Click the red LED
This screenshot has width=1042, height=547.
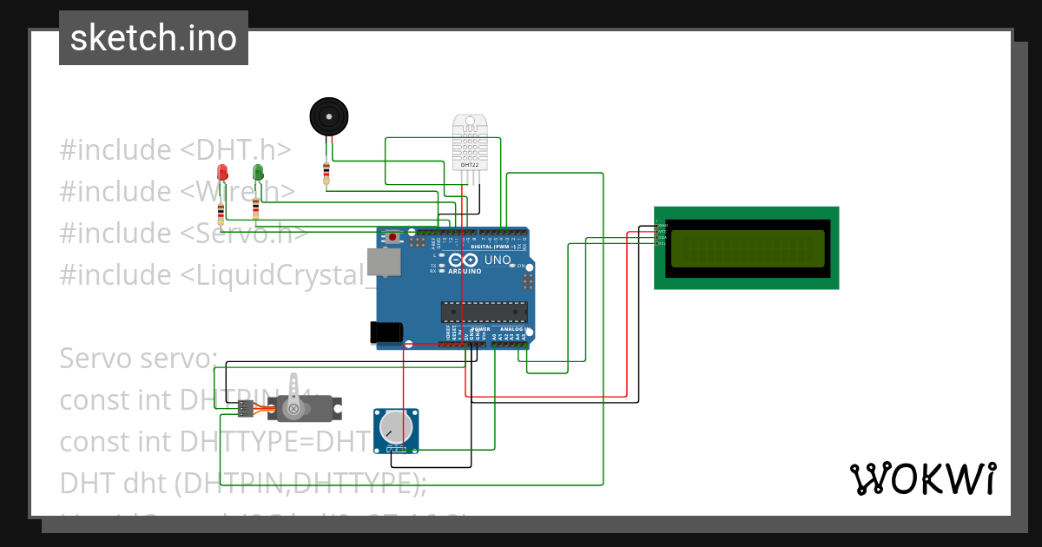pos(222,172)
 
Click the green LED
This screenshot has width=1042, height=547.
pos(257,172)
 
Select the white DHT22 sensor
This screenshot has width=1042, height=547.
pos(470,143)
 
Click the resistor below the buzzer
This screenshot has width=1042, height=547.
pos(326,173)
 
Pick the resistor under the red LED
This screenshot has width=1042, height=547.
pos(221,212)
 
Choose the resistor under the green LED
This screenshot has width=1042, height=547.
pos(255,209)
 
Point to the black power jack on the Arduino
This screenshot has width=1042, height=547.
pos(386,333)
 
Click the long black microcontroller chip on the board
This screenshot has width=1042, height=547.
pos(485,311)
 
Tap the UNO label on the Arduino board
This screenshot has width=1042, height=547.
pos(498,260)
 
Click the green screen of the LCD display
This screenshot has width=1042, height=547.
pos(747,248)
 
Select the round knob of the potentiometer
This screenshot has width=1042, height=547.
pos(395,426)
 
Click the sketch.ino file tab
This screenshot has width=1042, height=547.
pos(154,38)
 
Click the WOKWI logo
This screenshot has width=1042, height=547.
pos(922,478)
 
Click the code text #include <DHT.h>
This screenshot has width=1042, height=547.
pos(175,150)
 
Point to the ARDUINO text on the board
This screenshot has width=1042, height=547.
pos(465,271)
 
